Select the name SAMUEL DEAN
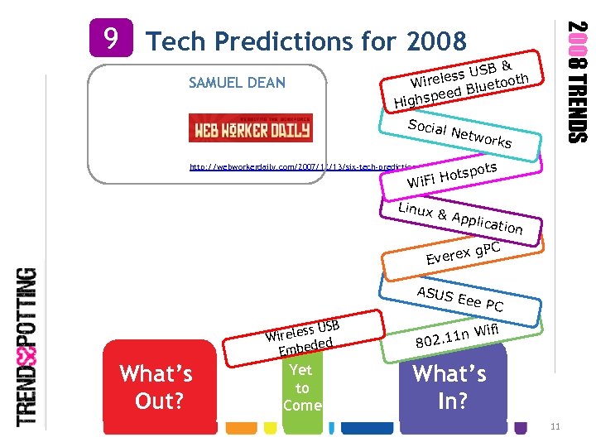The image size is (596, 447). [x=237, y=82]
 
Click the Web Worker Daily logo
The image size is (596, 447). [x=251, y=127]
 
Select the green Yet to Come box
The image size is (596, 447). [x=301, y=387]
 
